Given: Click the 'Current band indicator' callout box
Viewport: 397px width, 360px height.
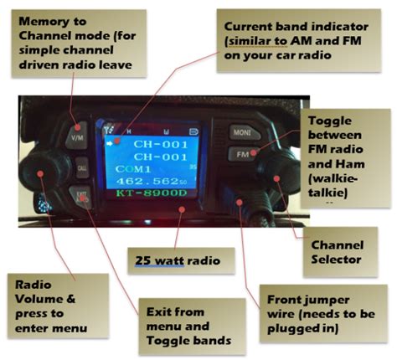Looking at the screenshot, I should pyautogui.click(x=286, y=39).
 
